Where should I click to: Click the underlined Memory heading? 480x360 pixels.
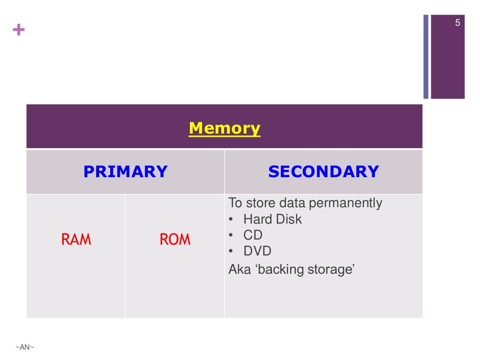[224, 128]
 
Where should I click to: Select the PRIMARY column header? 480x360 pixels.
[125, 172]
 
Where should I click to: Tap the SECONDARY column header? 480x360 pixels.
[323, 172]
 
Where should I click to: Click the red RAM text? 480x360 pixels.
[76, 240]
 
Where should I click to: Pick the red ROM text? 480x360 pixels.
[175, 240]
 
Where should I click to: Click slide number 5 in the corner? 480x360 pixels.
[457, 23]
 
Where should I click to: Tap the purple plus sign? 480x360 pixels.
[19, 30]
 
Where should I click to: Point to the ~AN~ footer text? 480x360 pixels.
[25, 347]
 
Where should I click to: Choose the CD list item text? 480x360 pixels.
[253, 235]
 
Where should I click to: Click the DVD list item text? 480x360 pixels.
[257, 251]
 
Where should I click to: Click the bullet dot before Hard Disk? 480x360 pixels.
[231, 219]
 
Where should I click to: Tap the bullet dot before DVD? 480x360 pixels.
[231, 251]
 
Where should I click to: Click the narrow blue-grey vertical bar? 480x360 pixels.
[426, 56]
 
